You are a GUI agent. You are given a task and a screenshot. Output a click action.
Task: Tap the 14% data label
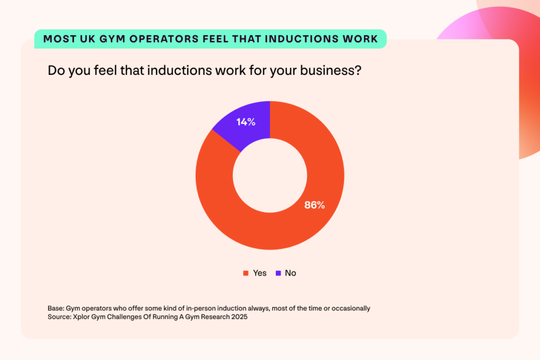click(246, 122)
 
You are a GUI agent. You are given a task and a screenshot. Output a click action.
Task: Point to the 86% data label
click(314, 205)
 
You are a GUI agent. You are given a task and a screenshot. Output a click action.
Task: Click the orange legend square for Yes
click(245, 273)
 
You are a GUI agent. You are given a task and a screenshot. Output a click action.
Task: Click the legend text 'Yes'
click(259, 273)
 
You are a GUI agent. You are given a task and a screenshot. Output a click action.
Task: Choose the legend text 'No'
click(291, 273)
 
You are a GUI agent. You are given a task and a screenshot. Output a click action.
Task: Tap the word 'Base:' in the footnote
click(56, 308)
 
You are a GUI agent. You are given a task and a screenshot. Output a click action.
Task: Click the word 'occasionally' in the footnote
click(351, 308)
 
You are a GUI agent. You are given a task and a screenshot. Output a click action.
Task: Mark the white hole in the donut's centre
click(270, 175)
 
